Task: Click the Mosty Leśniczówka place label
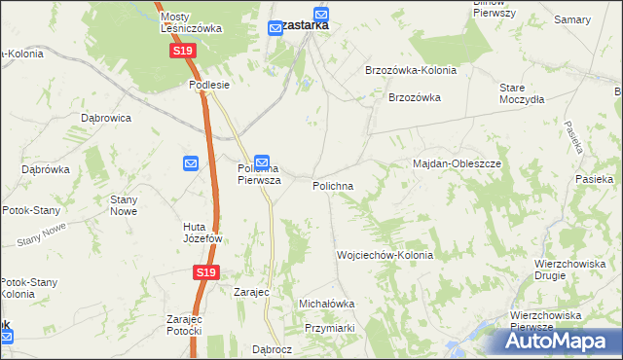point(191,22)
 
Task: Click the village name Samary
point(571,19)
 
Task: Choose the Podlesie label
point(208,85)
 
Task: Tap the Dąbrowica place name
point(106,118)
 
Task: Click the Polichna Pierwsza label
point(259,174)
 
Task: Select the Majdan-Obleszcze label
point(457,163)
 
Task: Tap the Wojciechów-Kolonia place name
point(385,255)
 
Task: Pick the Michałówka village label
point(326,304)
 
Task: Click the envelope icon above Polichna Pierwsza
point(262,162)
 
